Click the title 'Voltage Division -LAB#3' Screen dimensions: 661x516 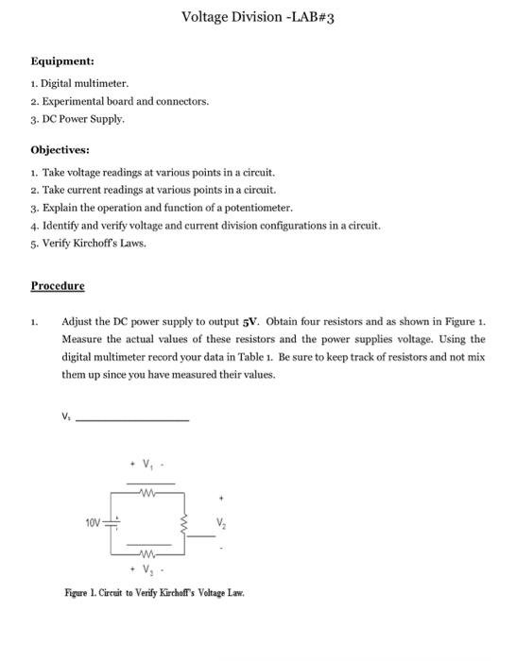[257, 16]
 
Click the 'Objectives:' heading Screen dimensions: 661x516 [60, 149]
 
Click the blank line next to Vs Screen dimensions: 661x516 [131, 418]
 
